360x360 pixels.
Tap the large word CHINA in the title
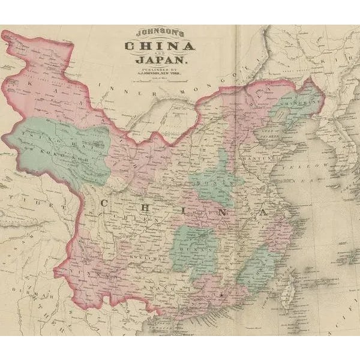[x=159, y=46]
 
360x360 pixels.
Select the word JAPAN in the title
[x=160, y=60]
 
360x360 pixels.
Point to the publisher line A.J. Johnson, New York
[x=160, y=74]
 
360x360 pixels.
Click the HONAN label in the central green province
[x=210, y=178]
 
